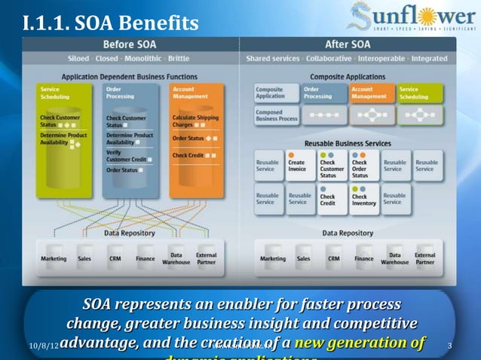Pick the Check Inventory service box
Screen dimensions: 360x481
[363, 198]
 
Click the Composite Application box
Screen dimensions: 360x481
[269, 93]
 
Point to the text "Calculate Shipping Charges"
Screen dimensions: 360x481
[196, 121]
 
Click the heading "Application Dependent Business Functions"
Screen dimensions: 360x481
[129, 77]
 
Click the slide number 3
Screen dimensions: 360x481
[449, 346]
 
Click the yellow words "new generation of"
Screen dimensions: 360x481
[360, 343]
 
